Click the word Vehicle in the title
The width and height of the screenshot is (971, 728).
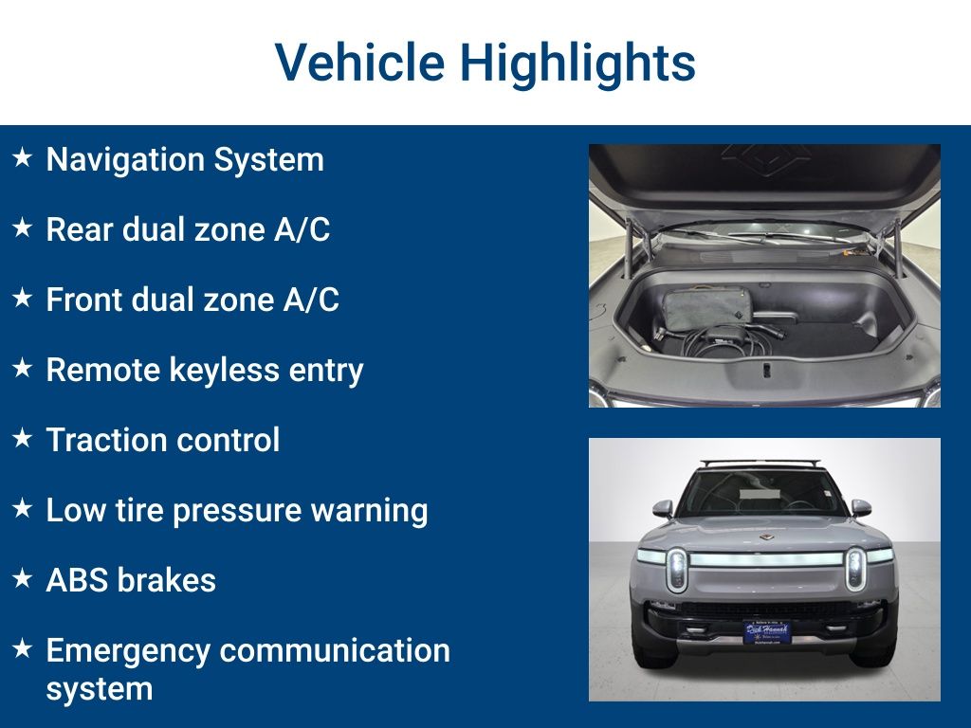(359, 63)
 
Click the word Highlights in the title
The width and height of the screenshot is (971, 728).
(577, 63)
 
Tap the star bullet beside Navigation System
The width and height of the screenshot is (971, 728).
(23, 158)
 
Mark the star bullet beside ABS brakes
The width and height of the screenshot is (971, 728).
(23, 579)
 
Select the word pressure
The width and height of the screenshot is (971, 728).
(235, 511)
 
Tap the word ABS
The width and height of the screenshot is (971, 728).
(76, 580)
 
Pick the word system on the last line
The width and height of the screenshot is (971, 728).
(99, 688)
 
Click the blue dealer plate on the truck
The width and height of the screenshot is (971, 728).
(766, 631)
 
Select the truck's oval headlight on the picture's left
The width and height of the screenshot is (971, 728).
(676, 569)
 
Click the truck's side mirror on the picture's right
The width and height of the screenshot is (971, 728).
(860, 508)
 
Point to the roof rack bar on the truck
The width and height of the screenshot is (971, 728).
(763, 464)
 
